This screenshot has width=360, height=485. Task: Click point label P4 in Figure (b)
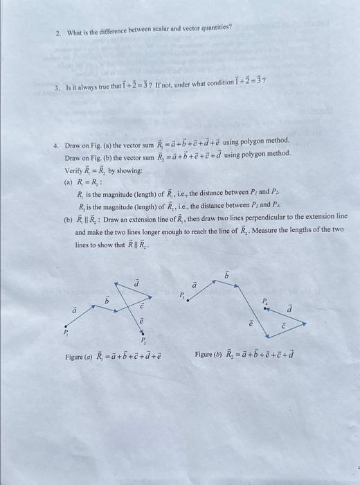(264, 302)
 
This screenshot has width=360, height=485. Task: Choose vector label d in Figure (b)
(290, 308)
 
